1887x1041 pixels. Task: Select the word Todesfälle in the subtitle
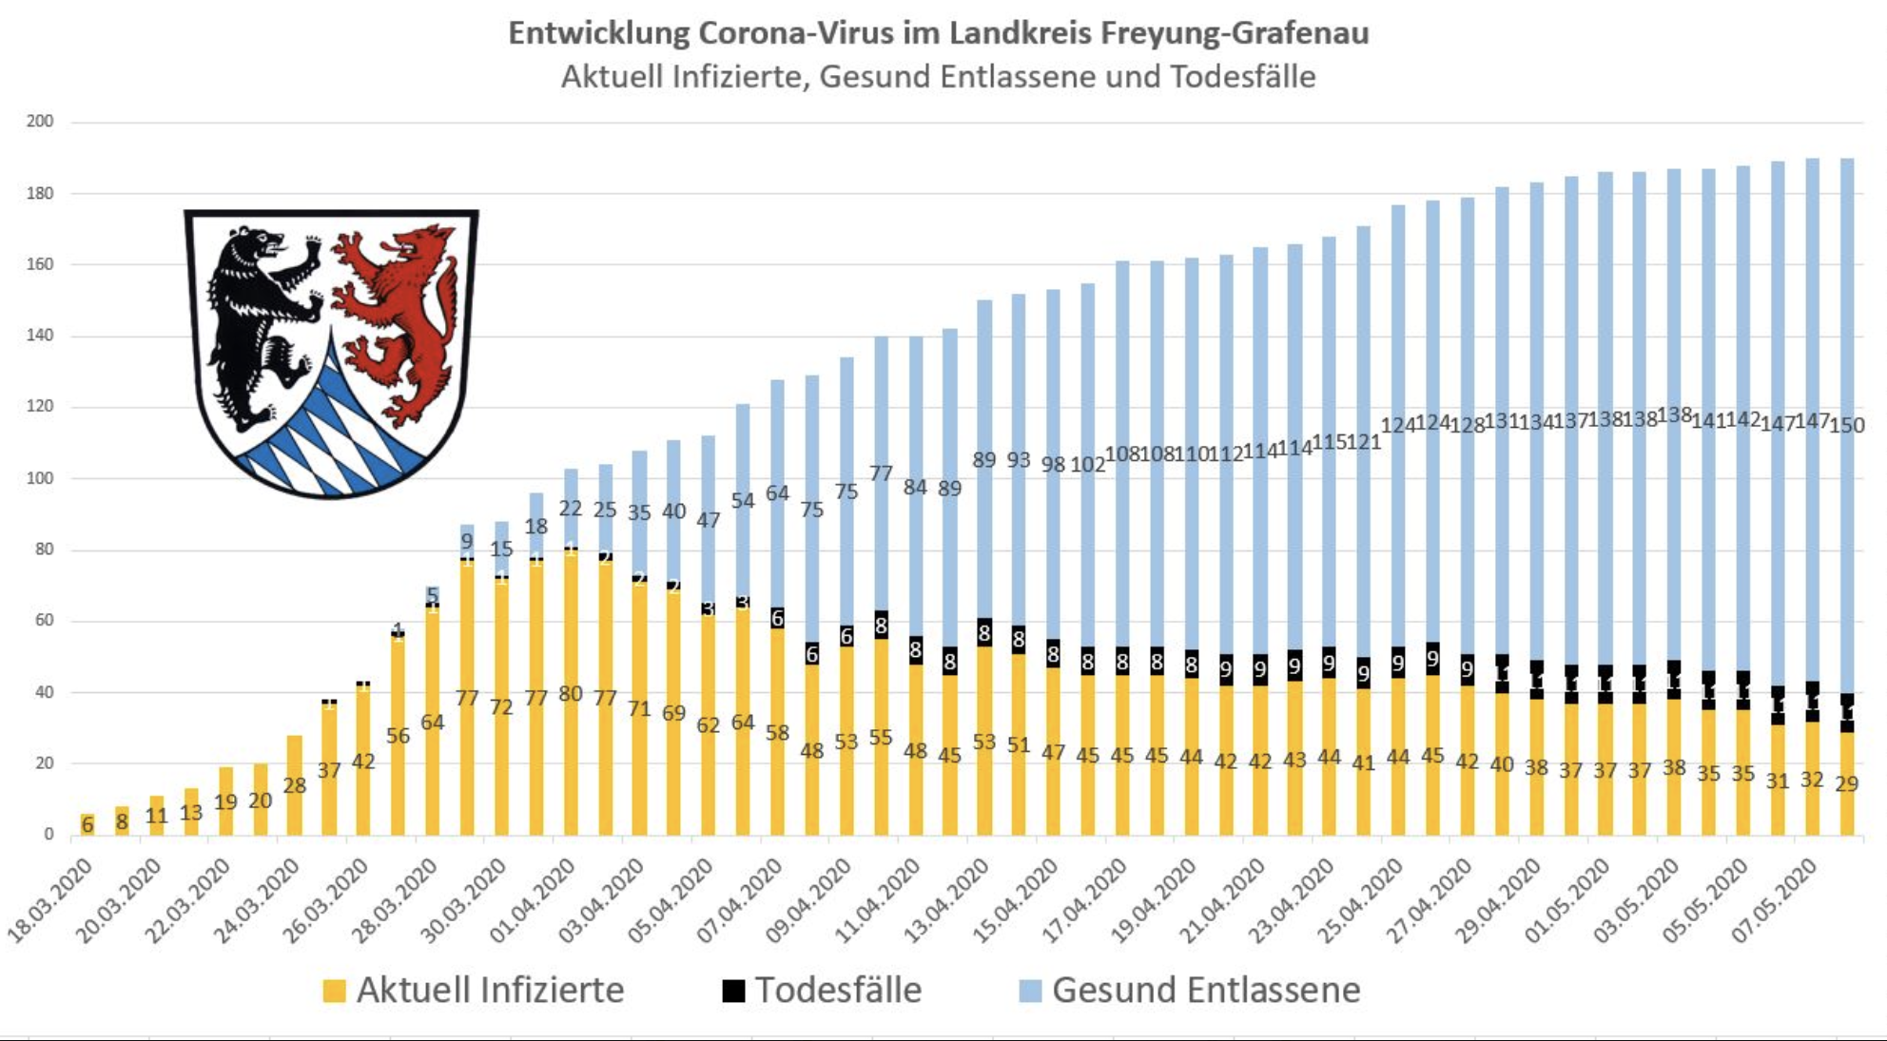1242,77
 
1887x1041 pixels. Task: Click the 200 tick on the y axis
40,122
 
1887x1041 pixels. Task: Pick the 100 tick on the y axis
40,478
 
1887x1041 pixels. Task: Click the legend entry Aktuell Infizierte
490,991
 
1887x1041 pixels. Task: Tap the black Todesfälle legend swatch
733,991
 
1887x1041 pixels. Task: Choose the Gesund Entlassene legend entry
1205,991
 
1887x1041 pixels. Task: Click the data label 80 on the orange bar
571,695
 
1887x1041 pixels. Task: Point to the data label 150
1847,425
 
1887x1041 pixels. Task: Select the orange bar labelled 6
88,824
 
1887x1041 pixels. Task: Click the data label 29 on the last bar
1846,784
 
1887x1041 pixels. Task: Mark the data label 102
1087,465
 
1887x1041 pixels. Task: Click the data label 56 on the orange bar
398,737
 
